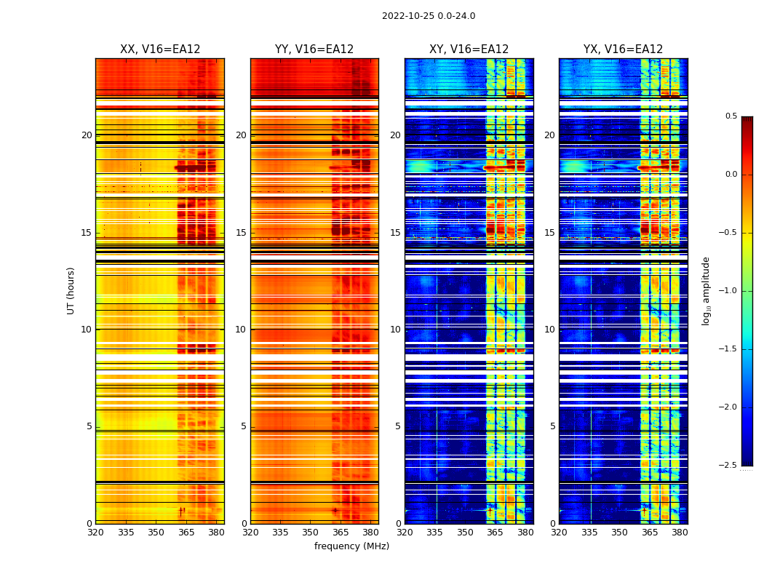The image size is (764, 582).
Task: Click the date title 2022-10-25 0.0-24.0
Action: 429,16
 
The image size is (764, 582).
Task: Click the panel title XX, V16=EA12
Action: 160,49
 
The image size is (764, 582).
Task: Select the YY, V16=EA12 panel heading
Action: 314,49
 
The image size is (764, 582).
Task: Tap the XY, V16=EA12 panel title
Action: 469,49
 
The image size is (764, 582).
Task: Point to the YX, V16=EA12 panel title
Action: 623,49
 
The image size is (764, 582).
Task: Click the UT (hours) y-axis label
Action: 71,290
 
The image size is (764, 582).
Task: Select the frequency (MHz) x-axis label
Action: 351,546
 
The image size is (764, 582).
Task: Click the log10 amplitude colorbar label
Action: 706,290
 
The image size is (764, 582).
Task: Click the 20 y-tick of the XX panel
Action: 87,135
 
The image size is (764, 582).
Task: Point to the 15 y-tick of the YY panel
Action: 241,233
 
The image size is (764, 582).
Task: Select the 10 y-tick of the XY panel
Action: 395,330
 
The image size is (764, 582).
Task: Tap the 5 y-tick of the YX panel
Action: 552,426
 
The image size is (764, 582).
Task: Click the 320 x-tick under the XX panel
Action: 95,532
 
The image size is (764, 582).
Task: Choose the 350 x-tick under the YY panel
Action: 311,532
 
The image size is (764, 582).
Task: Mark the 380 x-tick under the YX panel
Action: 680,532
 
